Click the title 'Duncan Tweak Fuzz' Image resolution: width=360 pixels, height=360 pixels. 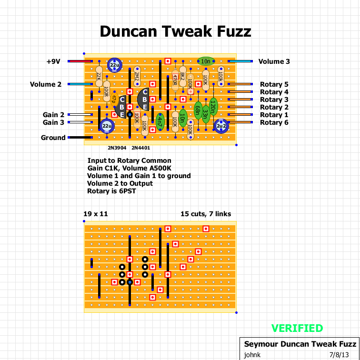coord(175,31)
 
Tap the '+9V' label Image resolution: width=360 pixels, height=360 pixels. coord(53,61)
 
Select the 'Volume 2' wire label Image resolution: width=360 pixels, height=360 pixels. coord(46,84)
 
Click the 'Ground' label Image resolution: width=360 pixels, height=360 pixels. coord(53,138)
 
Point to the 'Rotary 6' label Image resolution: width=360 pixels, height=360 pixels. coord(274,122)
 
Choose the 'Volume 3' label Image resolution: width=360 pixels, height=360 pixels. coord(274,61)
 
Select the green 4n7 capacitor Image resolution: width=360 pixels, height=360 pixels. coord(160,122)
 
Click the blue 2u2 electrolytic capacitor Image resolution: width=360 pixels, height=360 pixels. coord(221,126)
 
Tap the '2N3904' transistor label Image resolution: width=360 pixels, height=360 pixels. coord(117,148)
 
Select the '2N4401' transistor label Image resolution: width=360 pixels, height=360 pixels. coord(140,148)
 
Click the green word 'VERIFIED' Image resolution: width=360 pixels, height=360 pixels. coord(297,328)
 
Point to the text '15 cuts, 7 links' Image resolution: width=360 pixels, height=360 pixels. coord(206,214)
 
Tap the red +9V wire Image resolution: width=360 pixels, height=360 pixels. coord(80,61)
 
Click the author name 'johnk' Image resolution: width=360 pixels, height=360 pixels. coord(252,355)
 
